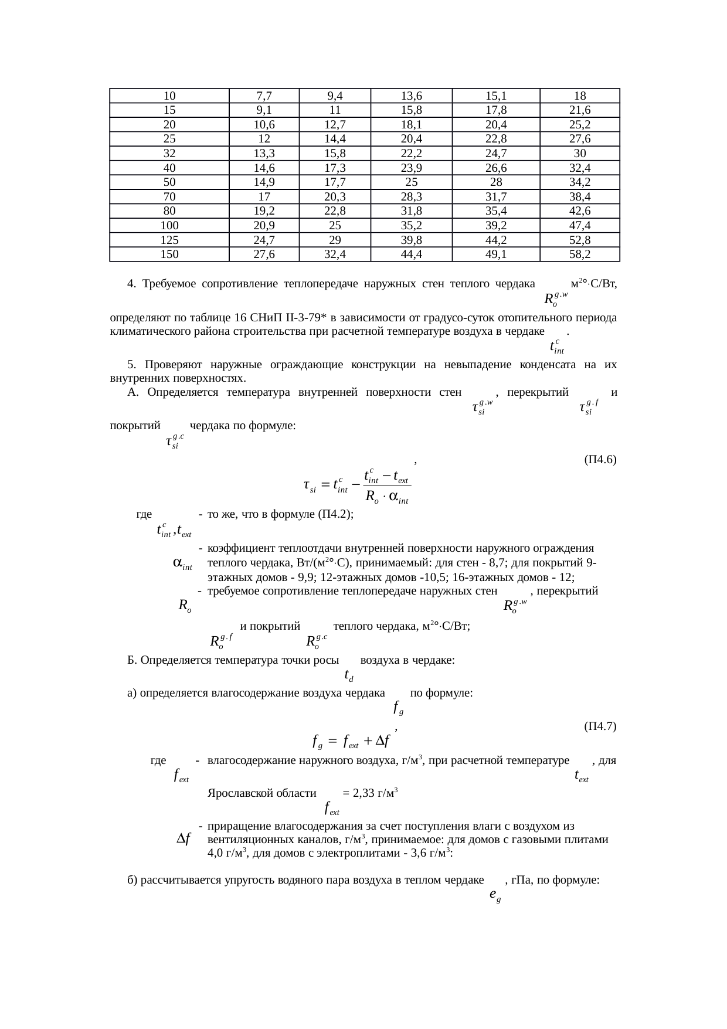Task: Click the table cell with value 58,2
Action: [x=579, y=254]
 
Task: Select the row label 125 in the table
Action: [x=169, y=240]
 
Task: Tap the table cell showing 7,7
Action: [x=264, y=96]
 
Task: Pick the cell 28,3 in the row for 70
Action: [x=411, y=197]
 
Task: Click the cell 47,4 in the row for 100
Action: [x=579, y=226]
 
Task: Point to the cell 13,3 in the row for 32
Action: [x=264, y=154]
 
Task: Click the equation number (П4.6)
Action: [x=600, y=460]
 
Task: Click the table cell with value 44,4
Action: [x=411, y=254]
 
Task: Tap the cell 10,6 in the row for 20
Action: [x=264, y=124]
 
